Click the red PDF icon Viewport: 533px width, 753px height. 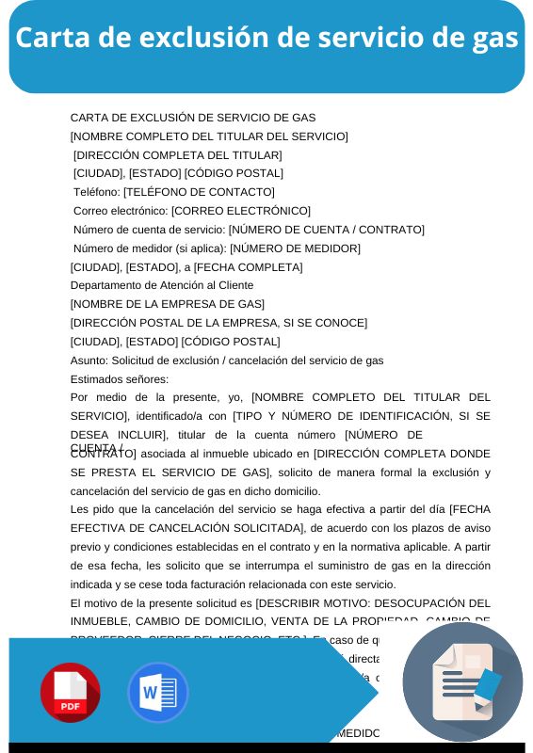(x=71, y=692)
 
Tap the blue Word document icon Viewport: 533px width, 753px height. (x=157, y=692)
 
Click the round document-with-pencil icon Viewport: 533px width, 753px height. (x=462, y=681)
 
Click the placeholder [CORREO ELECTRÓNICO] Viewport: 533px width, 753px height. (x=240, y=211)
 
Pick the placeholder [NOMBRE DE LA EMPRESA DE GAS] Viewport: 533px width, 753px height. (x=168, y=304)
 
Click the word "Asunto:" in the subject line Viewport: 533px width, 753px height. (x=89, y=360)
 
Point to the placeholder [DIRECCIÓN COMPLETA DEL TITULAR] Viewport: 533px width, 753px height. (x=178, y=155)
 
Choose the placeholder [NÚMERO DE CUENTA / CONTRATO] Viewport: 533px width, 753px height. (x=326, y=230)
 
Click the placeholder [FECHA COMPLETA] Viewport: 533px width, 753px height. (x=248, y=267)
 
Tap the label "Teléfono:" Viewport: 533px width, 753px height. (x=96, y=192)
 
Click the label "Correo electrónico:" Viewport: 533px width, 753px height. (x=121, y=211)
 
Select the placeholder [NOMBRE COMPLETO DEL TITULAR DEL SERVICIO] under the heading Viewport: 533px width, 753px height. (x=209, y=136)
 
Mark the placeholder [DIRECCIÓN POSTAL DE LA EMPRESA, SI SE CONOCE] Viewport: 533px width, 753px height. (x=218, y=323)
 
